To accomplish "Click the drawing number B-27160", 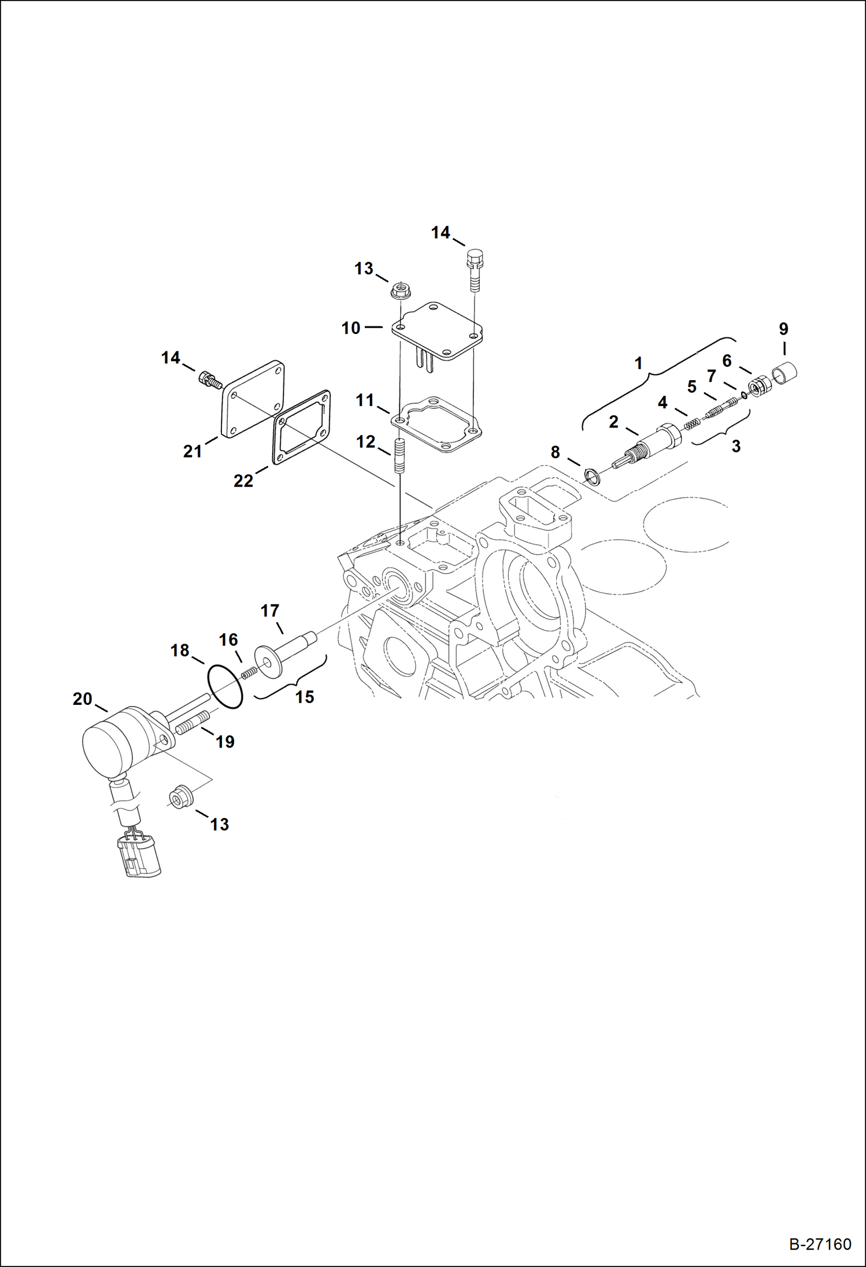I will tap(820, 1243).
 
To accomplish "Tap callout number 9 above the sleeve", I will tap(783, 329).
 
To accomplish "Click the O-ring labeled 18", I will tap(224, 686).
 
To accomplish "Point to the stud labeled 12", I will tap(399, 456).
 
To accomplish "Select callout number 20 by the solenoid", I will tap(82, 699).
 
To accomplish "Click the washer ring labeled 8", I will tap(593, 477).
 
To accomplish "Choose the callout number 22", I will tap(243, 481).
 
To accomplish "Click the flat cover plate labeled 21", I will tap(253, 399).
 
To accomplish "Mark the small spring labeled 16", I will tap(249, 672).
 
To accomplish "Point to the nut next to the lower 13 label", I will tap(180, 798).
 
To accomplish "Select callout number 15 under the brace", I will tap(304, 697).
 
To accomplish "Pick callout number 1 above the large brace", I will tap(638, 363).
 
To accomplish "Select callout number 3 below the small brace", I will tap(735, 446).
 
